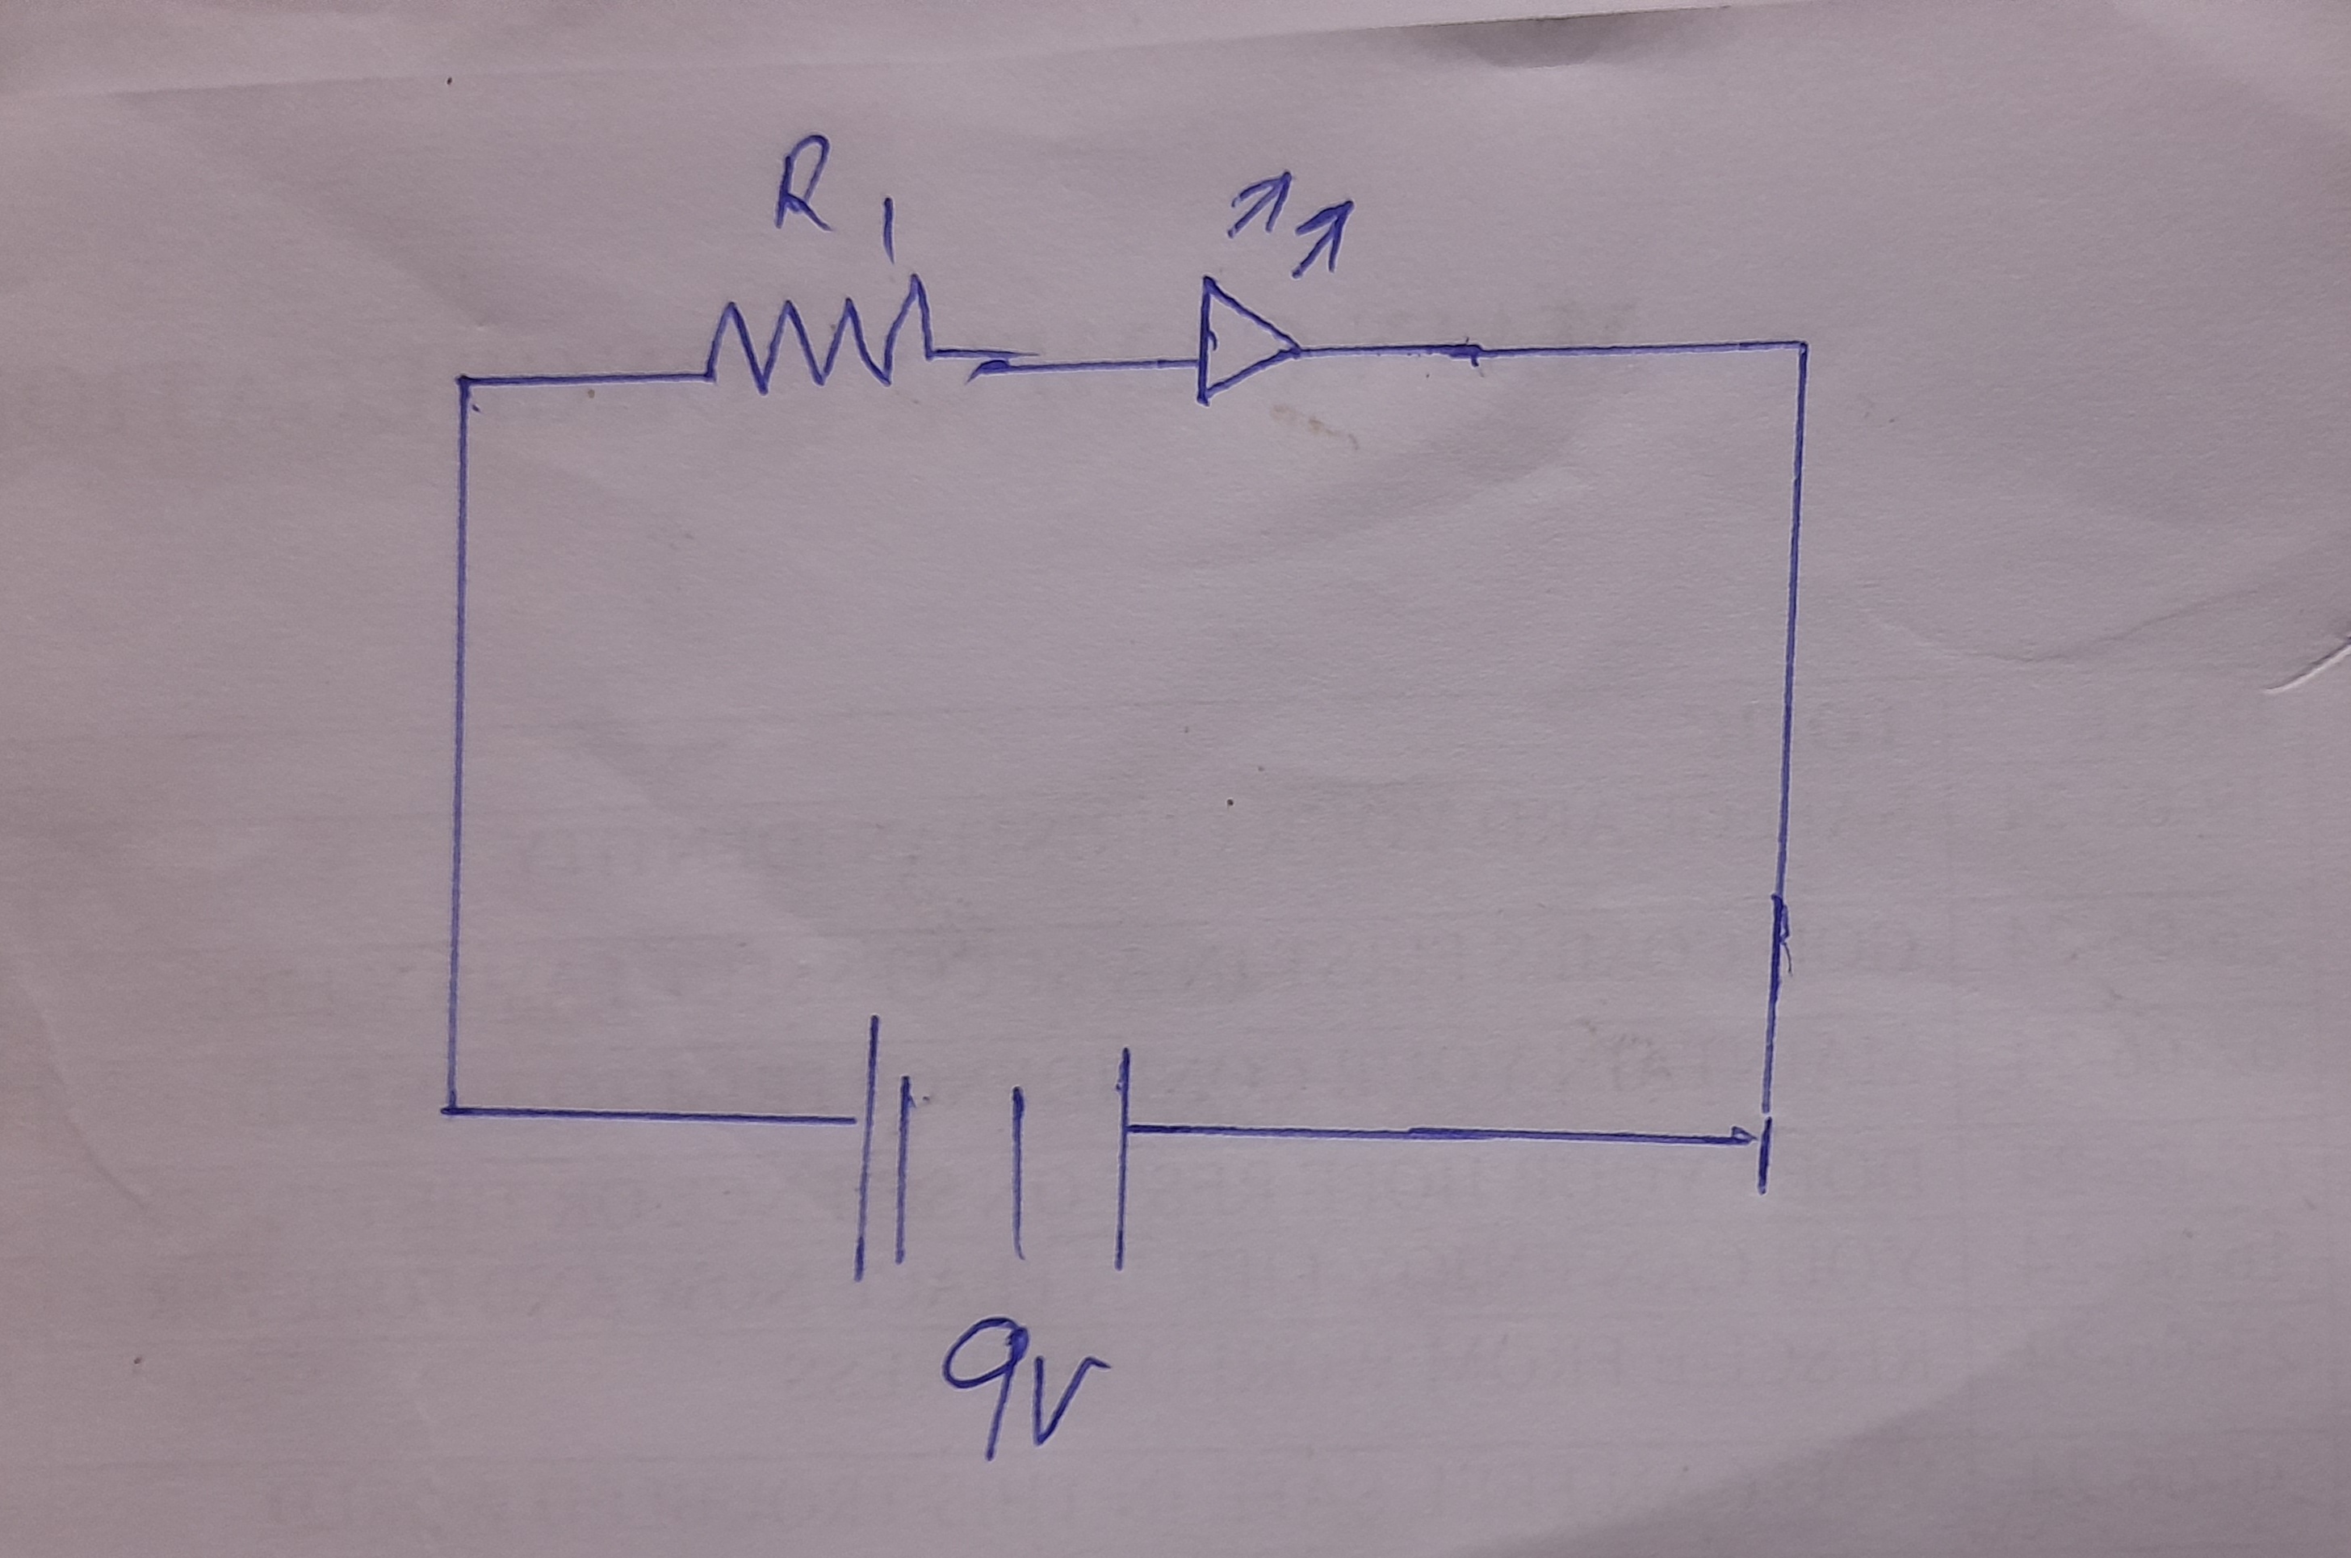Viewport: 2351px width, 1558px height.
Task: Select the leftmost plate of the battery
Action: pyautogui.click(x=867, y=1148)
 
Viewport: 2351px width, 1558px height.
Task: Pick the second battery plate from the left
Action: pyautogui.click(x=901, y=1174)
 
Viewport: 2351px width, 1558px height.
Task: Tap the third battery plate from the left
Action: pyautogui.click(x=1017, y=1173)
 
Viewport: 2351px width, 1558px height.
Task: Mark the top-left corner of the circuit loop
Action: pyautogui.click(x=463, y=380)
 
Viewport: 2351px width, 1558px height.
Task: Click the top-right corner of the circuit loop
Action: pyautogui.click(x=1803, y=345)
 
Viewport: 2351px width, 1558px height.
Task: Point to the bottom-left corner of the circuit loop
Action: pyautogui.click(x=448, y=1111)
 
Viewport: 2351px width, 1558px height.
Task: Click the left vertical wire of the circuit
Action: pyautogui.click(x=456, y=745)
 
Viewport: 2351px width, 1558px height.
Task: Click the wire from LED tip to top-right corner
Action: pyautogui.click(x=1549, y=348)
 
